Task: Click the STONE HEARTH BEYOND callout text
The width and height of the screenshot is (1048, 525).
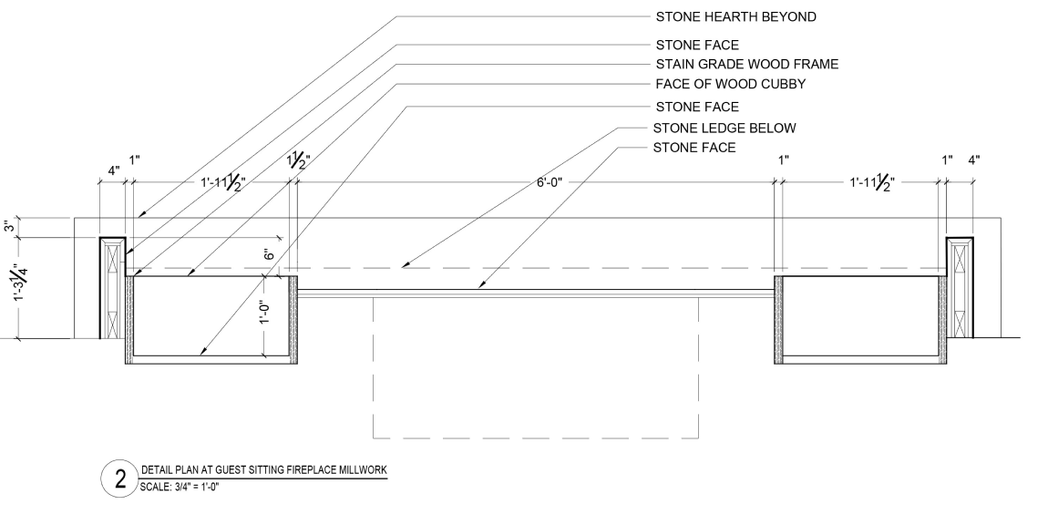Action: point(735,16)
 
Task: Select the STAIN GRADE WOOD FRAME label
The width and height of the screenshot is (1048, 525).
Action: point(746,65)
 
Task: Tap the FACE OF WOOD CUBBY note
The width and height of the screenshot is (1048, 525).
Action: point(731,85)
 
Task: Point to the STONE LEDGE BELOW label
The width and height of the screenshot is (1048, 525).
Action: point(725,128)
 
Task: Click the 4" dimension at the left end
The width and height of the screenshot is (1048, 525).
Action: point(113,170)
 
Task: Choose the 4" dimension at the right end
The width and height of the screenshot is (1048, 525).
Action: point(974,160)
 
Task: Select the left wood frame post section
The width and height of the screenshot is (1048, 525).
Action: point(112,288)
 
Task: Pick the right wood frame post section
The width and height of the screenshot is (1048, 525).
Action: point(961,288)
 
